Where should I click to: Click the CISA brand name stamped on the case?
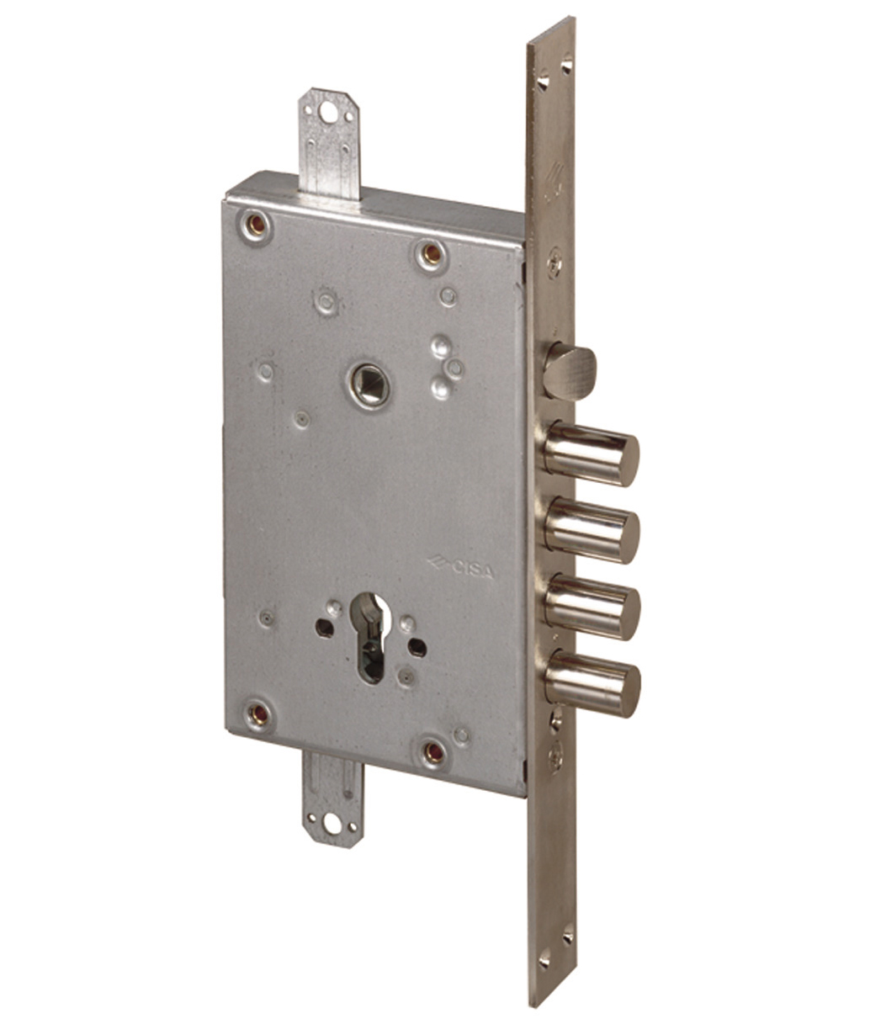click(x=461, y=568)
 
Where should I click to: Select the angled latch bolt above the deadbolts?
click(x=570, y=372)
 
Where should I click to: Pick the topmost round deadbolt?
click(x=591, y=453)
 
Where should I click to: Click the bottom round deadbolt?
click(x=592, y=683)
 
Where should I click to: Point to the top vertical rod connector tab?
click(x=329, y=145)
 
